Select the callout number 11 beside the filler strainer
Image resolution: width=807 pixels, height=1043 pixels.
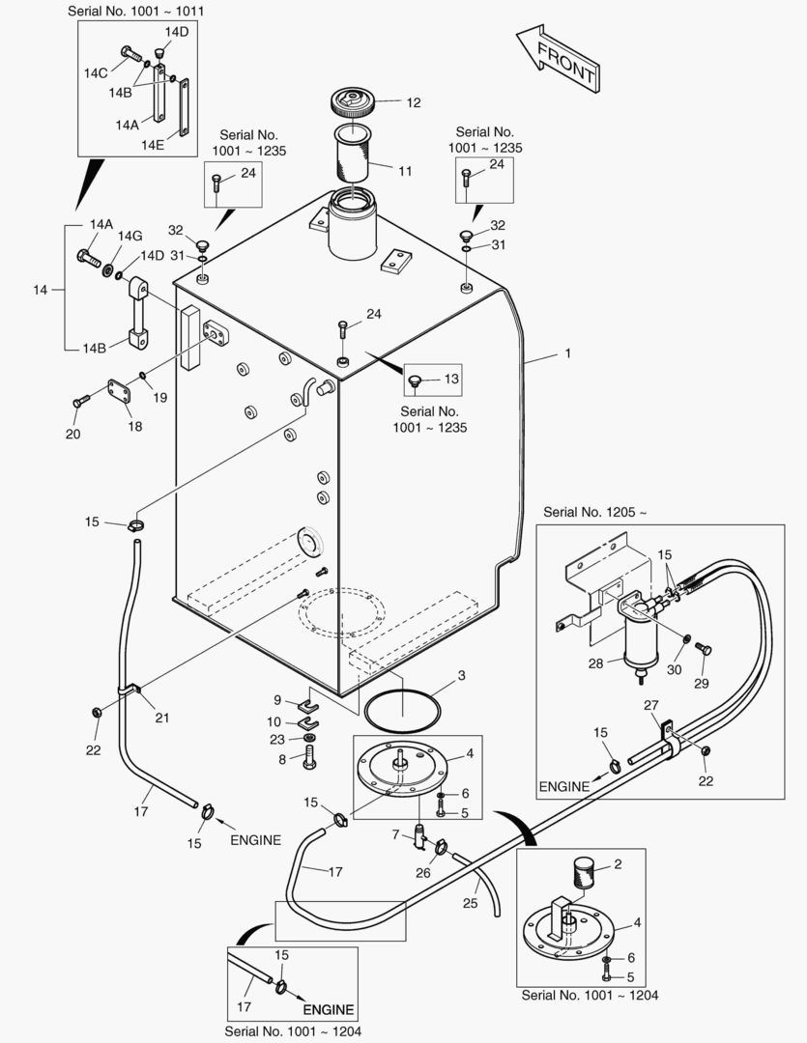tap(404, 171)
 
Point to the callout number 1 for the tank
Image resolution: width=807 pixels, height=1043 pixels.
tap(568, 353)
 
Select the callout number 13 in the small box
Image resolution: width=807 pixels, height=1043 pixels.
tap(452, 380)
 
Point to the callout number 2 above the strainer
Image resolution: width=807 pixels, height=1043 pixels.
tap(617, 863)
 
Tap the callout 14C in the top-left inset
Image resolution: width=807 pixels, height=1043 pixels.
tap(95, 72)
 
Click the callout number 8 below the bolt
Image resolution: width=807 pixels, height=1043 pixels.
tap(281, 759)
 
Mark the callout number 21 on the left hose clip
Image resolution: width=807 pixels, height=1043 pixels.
tap(161, 717)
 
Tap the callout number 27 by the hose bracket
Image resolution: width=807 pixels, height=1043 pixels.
tap(651, 706)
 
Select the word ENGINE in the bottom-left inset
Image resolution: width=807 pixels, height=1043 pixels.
tap(330, 1010)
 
